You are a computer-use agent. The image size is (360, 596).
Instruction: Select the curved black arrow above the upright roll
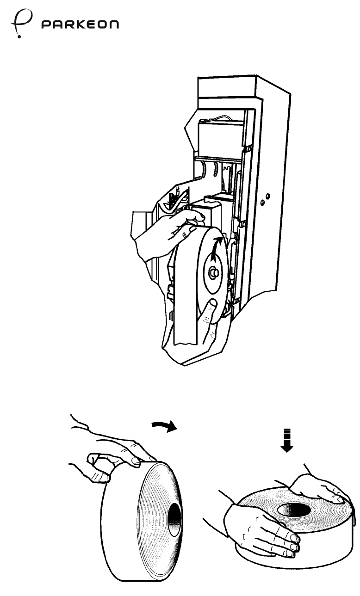click(x=166, y=425)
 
